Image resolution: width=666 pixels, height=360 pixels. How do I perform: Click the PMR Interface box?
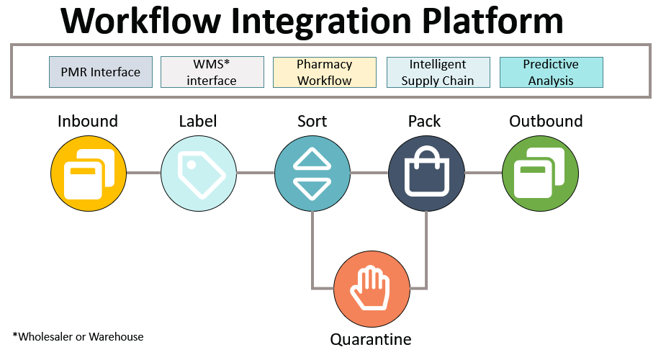[x=100, y=73]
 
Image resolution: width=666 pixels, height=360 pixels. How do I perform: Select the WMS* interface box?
[x=212, y=73]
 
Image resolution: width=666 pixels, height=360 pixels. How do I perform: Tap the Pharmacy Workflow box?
[x=324, y=73]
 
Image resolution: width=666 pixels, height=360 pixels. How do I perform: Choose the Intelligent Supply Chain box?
[x=438, y=73]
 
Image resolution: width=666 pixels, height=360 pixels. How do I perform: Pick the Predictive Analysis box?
[x=551, y=73]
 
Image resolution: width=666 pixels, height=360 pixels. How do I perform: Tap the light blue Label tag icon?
[x=197, y=174]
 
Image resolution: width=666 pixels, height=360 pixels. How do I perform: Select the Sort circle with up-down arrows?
[x=312, y=174]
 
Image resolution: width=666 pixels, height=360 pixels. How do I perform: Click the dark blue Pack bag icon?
[x=426, y=174]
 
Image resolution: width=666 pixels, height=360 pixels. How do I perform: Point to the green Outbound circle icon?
[x=540, y=174]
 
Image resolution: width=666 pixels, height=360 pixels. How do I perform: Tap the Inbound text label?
[x=88, y=121]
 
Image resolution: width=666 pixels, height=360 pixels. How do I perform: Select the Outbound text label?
[x=546, y=121]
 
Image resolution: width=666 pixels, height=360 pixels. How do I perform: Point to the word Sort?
[x=312, y=121]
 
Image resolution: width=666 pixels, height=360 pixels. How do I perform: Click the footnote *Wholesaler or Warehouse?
[x=78, y=336]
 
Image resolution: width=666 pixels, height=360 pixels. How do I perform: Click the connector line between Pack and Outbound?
[x=483, y=173]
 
